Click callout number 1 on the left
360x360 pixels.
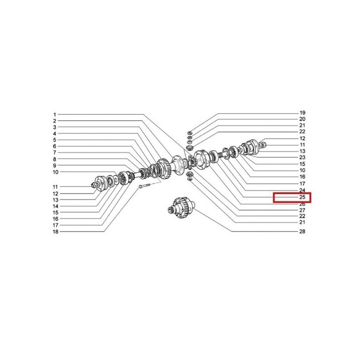pyautogui.click(x=54, y=115)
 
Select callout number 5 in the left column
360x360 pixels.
pyautogui.click(x=54, y=140)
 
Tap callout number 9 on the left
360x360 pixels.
pyautogui.click(x=54, y=165)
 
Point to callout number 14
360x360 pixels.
pyautogui.click(x=55, y=206)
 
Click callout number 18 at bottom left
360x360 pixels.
pyautogui.click(x=55, y=232)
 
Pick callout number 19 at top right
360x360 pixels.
pyautogui.click(x=302, y=113)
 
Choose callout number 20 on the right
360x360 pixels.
pyautogui.click(x=302, y=119)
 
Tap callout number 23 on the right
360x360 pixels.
pyautogui.click(x=302, y=157)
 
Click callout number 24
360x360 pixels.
pyautogui.click(x=302, y=190)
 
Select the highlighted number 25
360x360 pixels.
pyautogui.click(x=302, y=197)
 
